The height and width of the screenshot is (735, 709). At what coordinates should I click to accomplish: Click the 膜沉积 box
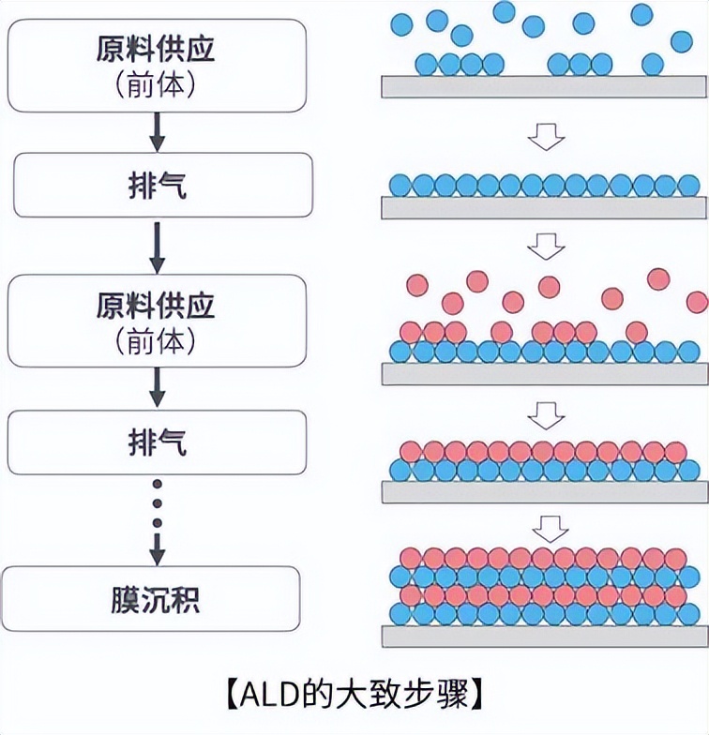156,598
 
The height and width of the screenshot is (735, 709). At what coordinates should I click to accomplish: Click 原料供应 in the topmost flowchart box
156,48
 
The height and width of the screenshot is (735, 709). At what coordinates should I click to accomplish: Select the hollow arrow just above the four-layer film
546,527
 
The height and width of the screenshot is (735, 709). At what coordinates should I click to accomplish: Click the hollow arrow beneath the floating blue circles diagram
546,139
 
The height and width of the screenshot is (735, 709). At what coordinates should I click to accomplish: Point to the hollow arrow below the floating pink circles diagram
546,411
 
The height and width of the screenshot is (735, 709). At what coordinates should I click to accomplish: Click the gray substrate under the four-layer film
545,636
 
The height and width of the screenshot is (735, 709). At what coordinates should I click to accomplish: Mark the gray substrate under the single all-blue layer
545,207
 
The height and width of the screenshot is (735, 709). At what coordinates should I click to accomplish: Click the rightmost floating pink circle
697,302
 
